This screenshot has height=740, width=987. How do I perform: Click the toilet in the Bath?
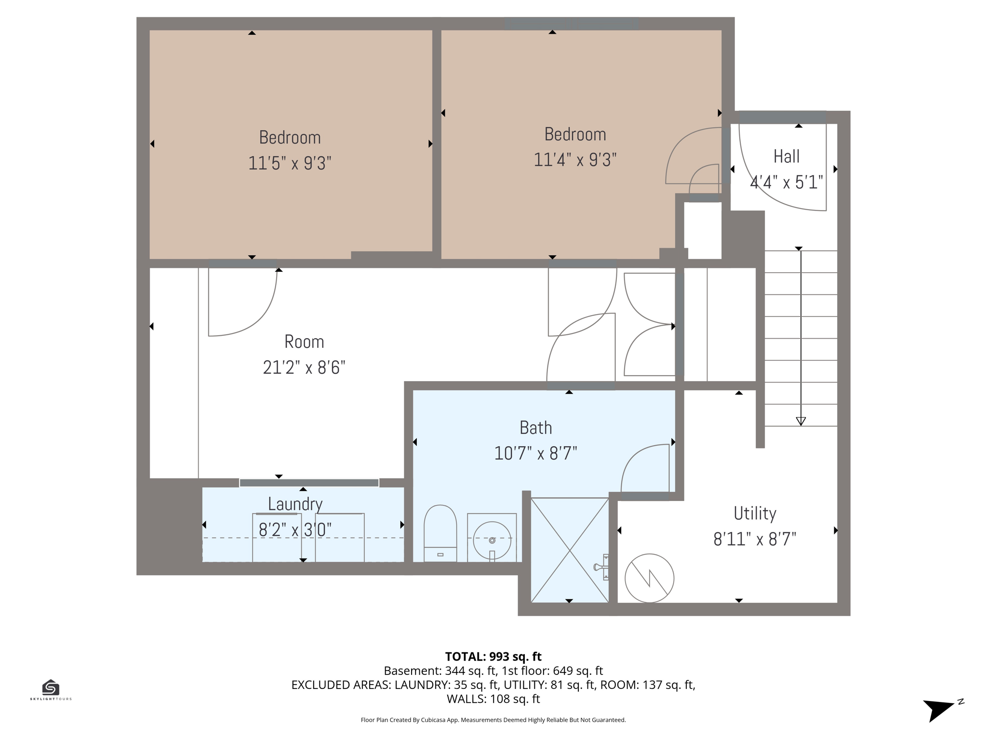click(x=440, y=532)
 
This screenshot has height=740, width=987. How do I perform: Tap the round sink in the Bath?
click(x=492, y=540)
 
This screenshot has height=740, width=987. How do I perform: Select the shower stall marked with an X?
click(x=570, y=550)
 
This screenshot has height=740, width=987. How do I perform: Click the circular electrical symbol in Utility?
click(x=649, y=578)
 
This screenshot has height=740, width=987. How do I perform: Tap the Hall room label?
click(x=787, y=157)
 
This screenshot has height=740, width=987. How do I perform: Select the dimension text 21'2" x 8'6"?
click(x=304, y=368)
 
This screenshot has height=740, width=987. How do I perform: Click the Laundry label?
click(x=295, y=504)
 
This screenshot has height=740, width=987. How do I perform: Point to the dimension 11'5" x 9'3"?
click(x=290, y=163)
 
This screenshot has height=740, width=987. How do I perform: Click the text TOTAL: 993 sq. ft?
click(x=493, y=657)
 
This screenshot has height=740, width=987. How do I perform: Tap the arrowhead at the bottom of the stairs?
click(x=800, y=421)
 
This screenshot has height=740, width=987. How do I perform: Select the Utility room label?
click(x=755, y=513)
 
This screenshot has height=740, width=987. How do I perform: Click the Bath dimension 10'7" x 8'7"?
click(x=535, y=453)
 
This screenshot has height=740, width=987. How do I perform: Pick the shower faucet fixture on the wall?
click(x=602, y=567)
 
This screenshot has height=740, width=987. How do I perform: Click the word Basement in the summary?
click(x=412, y=671)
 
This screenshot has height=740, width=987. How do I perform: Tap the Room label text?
click(x=304, y=342)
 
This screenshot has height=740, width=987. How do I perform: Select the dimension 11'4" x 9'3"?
click(x=575, y=160)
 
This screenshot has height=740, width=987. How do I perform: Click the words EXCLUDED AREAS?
click(x=341, y=685)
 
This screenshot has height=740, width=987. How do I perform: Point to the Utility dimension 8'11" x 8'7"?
click(x=755, y=539)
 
